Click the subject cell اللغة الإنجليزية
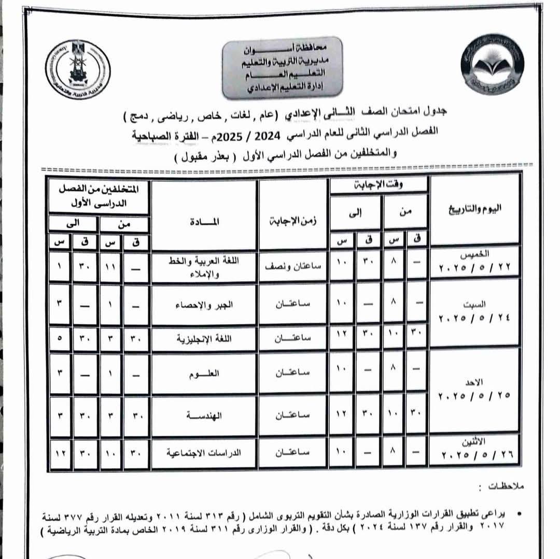click(x=204, y=339)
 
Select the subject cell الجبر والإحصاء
click(x=204, y=305)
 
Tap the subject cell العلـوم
click(x=204, y=374)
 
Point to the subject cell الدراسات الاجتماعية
click(x=204, y=452)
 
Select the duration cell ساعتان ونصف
click(x=293, y=265)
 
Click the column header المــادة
click(x=204, y=221)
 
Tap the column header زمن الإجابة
click(x=293, y=221)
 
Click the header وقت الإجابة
click(x=379, y=184)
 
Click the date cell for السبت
click(x=475, y=311)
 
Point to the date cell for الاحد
click(x=475, y=389)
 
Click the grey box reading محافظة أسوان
click(x=282, y=67)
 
